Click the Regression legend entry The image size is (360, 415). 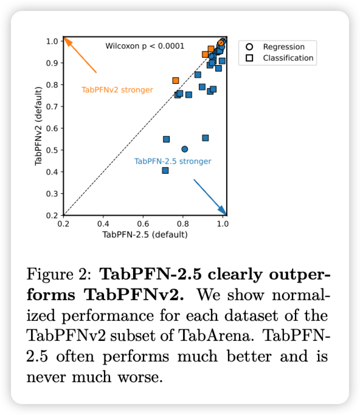click(283, 47)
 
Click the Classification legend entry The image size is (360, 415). click(288, 58)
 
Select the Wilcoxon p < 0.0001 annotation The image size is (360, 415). click(145, 46)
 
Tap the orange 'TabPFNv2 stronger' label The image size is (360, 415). click(117, 90)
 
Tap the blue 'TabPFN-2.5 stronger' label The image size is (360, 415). click(173, 161)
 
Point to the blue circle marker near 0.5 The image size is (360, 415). click(185, 149)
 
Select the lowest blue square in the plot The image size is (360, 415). click(165, 171)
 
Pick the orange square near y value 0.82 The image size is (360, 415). click(176, 80)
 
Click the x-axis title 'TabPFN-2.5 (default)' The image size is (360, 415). click(144, 235)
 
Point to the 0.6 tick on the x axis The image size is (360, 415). click(144, 224)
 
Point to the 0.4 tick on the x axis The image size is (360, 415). click(103, 224)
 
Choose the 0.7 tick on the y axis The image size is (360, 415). click(52, 106)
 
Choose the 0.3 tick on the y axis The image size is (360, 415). click(52, 194)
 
